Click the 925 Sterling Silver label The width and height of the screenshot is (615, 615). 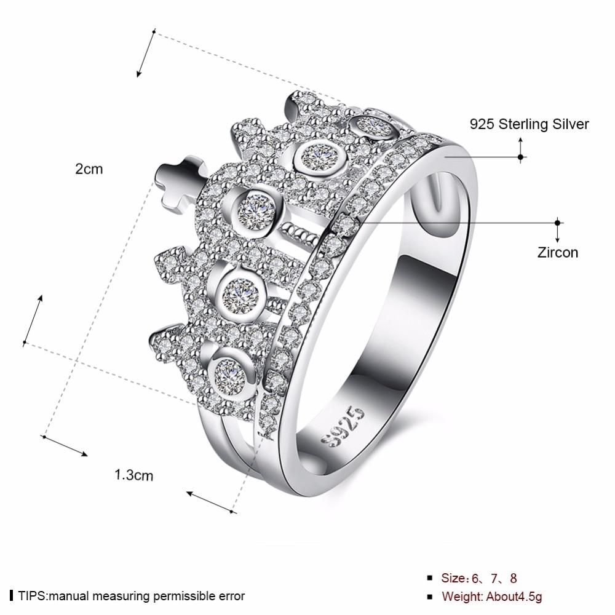529,124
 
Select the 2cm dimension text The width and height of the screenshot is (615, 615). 89,169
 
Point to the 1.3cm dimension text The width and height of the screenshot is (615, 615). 133,474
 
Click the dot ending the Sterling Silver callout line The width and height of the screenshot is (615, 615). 521,157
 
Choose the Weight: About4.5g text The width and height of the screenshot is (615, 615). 492,596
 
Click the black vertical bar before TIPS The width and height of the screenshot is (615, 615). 12,595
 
